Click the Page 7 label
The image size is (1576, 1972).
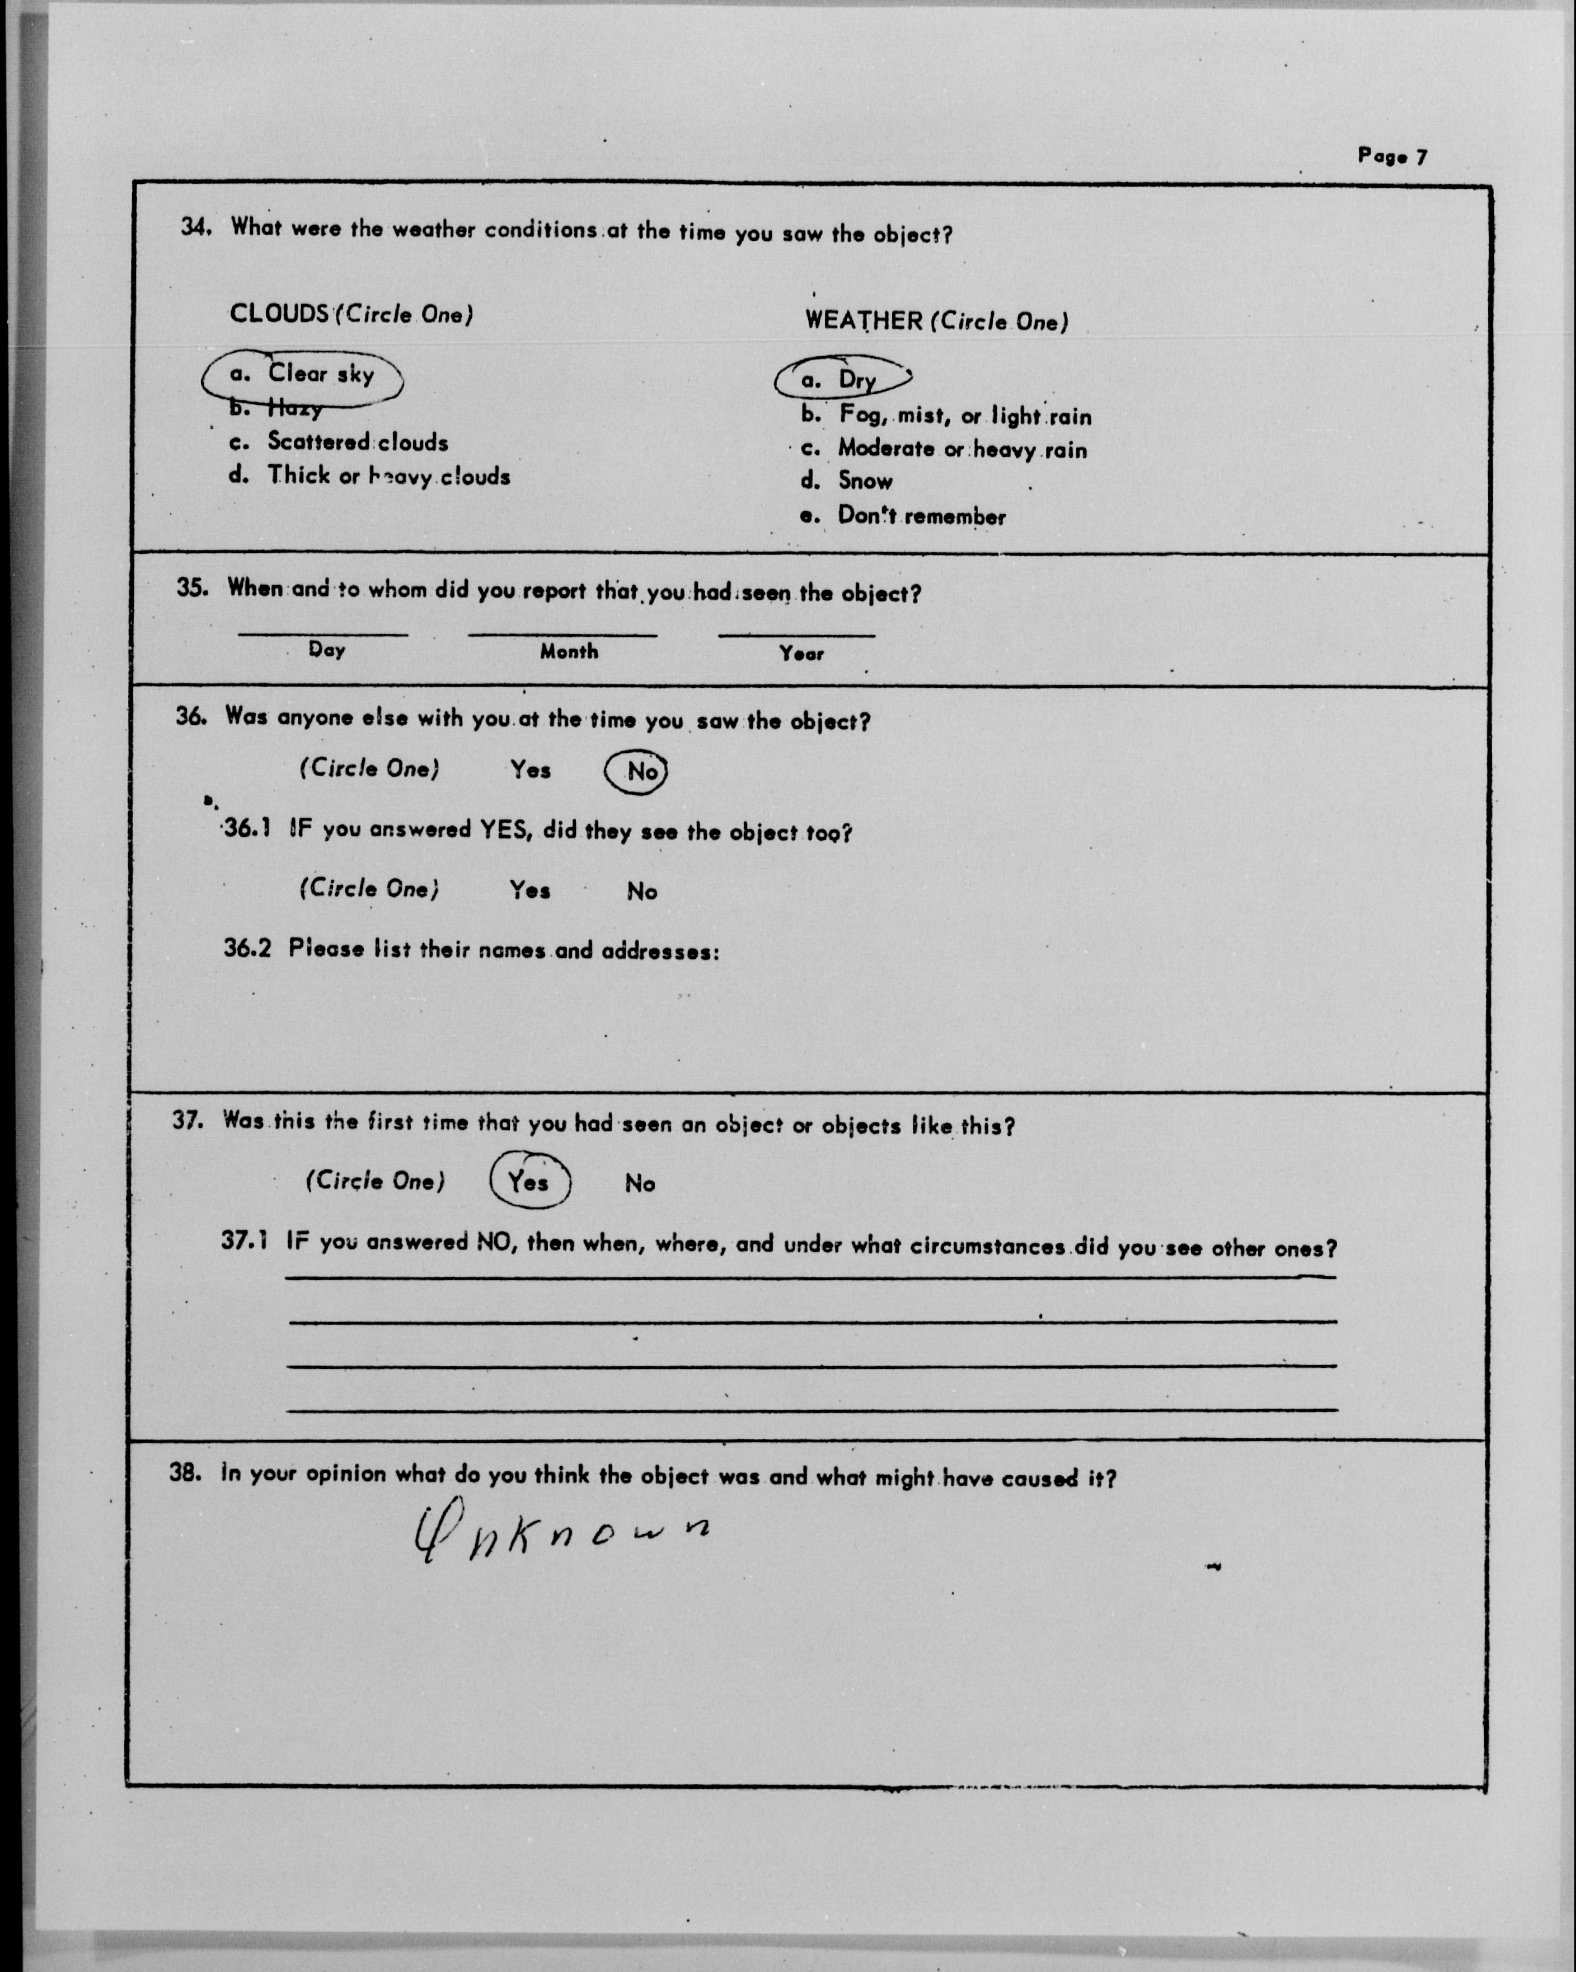tap(1391, 156)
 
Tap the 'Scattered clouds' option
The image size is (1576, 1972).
tap(357, 442)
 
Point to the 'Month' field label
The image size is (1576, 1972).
tap(569, 651)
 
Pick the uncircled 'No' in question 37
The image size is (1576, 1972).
tap(640, 1183)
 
